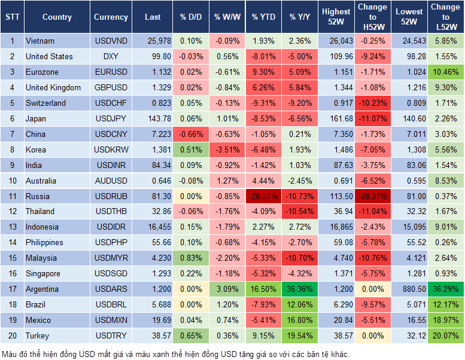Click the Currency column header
111,17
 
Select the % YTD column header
263,17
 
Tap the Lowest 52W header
410,17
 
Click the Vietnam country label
40,41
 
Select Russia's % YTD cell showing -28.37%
264,196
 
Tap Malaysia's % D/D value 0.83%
190,258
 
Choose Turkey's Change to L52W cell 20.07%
446,335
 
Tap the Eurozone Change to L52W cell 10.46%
446,72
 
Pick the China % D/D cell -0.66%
190,134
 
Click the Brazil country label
38,304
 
